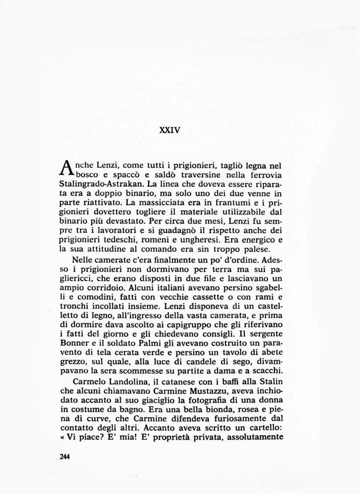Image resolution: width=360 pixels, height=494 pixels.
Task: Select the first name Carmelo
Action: (x=75, y=382)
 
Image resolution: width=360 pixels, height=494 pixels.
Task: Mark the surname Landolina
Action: (x=117, y=382)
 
